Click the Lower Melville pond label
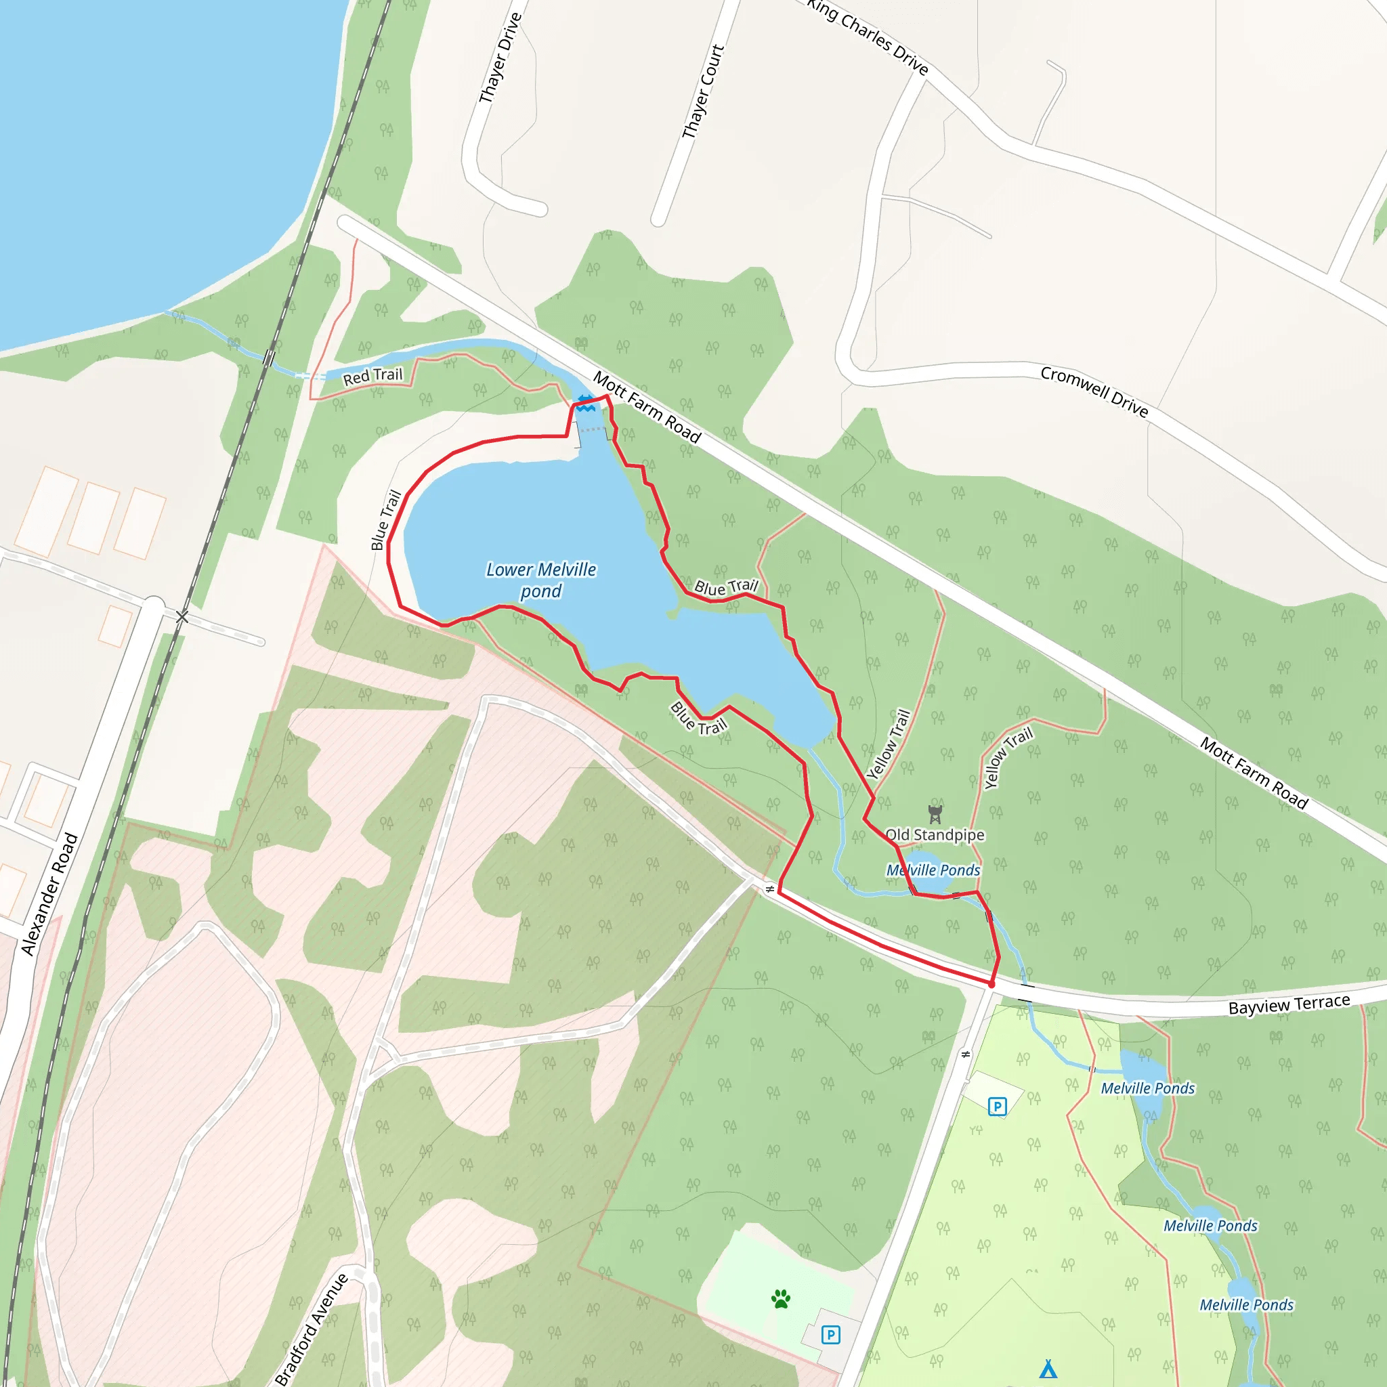point(541,580)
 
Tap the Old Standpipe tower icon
point(934,814)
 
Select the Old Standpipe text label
point(935,834)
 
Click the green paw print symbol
point(780,1299)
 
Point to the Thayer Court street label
point(703,92)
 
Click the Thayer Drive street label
point(500,58)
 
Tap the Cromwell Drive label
point(1094,391)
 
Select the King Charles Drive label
point(868,35)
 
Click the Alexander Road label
point(49,894)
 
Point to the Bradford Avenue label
point(312,1329)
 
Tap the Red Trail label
point(372,376)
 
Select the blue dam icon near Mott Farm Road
point(586,403)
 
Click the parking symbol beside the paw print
point(830,1335)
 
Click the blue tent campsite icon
point(1048,1368)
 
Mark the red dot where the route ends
point(991,985)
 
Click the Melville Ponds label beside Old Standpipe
point(933,870)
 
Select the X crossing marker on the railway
point(182,617)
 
